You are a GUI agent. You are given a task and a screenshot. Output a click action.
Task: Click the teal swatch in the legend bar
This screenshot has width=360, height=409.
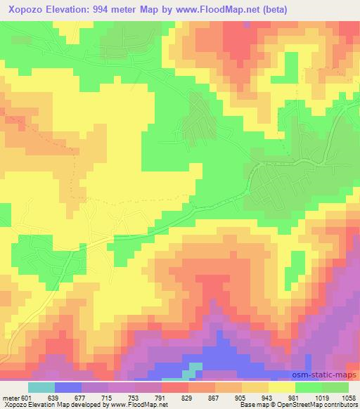[x=41, y=387]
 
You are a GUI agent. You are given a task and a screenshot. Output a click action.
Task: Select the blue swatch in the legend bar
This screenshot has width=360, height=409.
[x=68, y=387]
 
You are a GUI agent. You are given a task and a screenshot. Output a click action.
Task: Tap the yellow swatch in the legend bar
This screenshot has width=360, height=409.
[x=282, y=387]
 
